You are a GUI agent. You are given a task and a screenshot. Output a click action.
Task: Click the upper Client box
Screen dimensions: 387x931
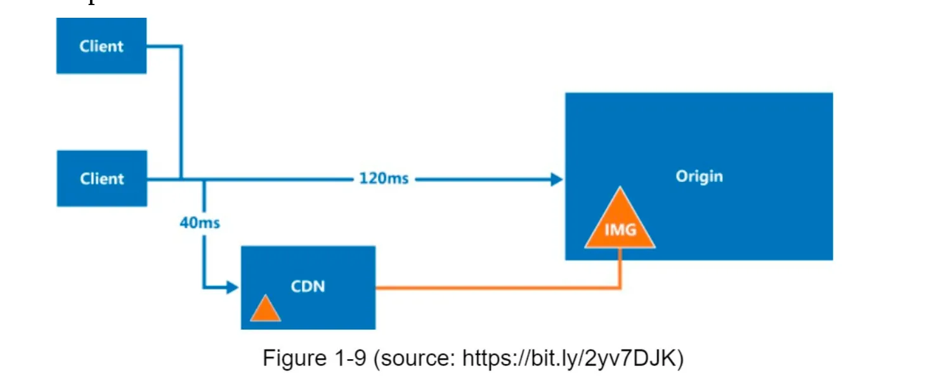[x=101, y=46]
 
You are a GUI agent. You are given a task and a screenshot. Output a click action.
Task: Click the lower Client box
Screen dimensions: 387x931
[x=101, y=178]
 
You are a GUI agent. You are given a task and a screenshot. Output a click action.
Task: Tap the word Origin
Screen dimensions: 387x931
[x=699, y=176]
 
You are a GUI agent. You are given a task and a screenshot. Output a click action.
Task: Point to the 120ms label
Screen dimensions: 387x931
[x=384, y=179]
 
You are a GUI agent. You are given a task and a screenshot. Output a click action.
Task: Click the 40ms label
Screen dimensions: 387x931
[x=200, y=223]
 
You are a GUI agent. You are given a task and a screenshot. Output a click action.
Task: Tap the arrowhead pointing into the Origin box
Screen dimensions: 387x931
[x=557, y=180]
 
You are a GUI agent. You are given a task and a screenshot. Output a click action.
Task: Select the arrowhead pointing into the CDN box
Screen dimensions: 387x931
[x=232, y=287]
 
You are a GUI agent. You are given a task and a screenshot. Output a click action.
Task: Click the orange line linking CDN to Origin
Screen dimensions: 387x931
[x=495, y=289]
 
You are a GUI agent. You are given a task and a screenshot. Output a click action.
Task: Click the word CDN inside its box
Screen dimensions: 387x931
[x=308, y=286]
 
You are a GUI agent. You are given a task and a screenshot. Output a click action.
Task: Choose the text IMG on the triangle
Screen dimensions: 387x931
[x=620, y=230]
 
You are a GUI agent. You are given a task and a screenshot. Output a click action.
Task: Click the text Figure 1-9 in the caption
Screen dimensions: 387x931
[x=315, y=358]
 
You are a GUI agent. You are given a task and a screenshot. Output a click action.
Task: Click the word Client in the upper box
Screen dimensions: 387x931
[x=101, y=46]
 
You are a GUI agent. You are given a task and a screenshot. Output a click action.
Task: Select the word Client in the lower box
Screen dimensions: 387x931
[x=101, y=178]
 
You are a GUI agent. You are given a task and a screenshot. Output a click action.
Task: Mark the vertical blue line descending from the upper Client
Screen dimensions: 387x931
[x=181, y=114]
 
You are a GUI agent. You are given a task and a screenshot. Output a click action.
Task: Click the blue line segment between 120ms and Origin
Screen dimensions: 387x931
[x=482, y=180]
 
